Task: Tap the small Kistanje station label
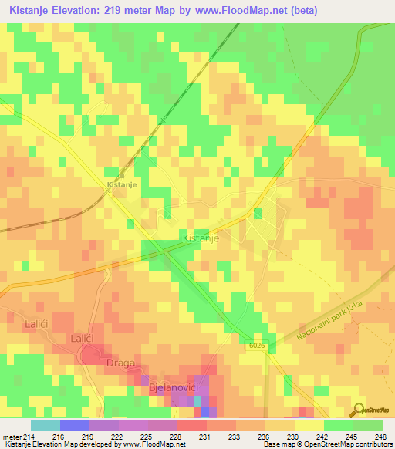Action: point(121,186)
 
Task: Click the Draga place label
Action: point(120,363)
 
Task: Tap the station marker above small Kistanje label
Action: point(121,174)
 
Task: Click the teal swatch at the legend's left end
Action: point(45,425)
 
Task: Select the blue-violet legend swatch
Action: point(74,425)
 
